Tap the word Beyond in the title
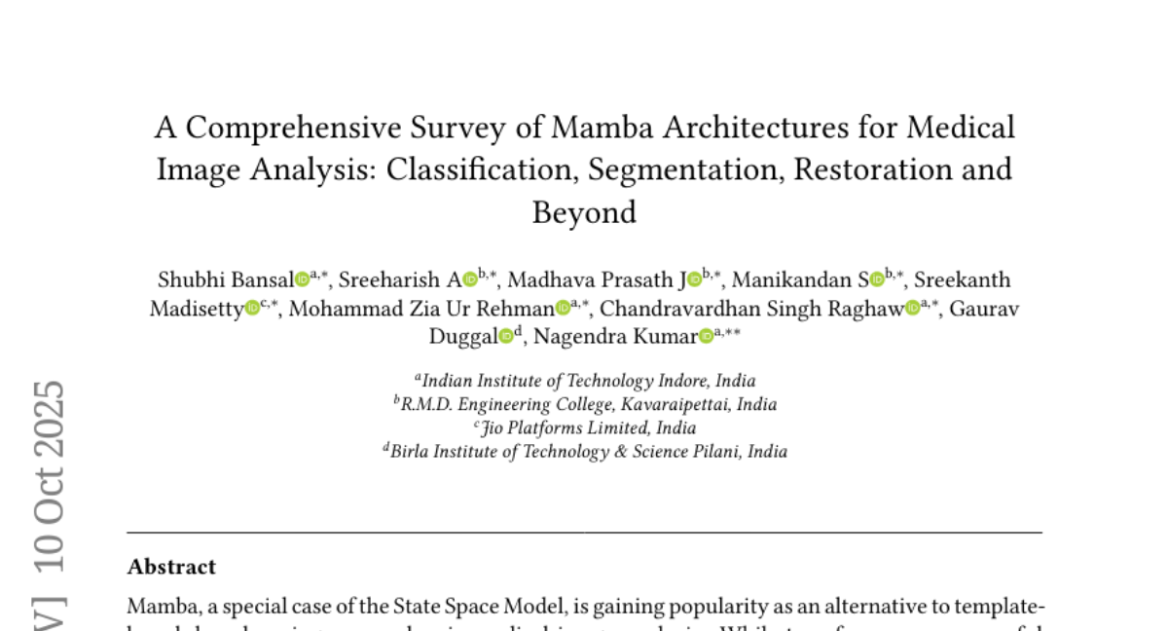pos(584,211)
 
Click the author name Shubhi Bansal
pos(226,280)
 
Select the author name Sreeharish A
pos(400,280)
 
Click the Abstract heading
pos(171,567)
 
